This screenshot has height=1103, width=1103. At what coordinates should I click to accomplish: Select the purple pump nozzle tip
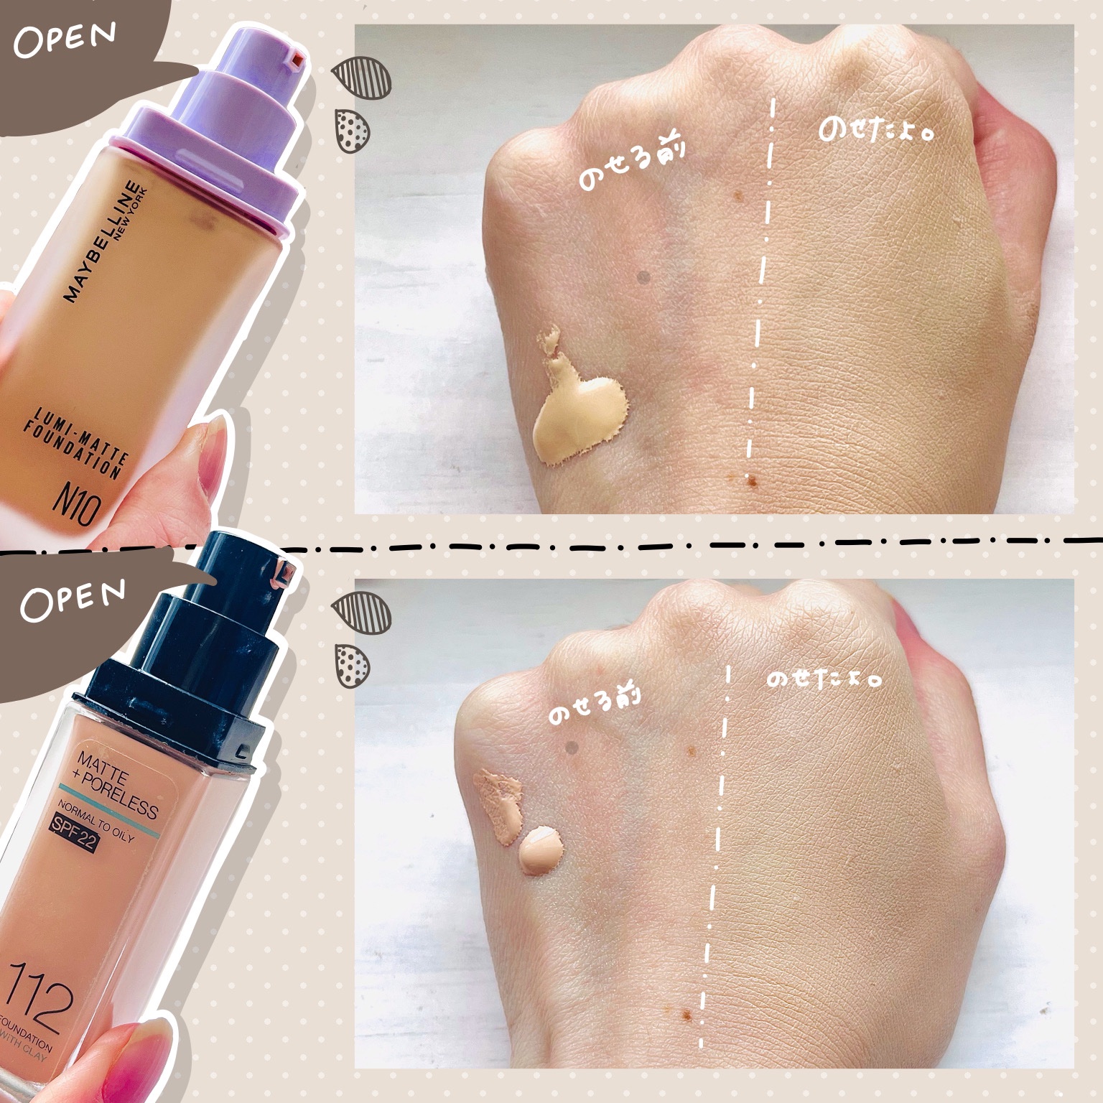click(x=293, y=60)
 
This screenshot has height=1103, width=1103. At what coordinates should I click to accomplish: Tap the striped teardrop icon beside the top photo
click(x=365, y=75)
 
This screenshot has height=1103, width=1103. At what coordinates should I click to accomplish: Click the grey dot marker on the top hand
click(x=644, y=276)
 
